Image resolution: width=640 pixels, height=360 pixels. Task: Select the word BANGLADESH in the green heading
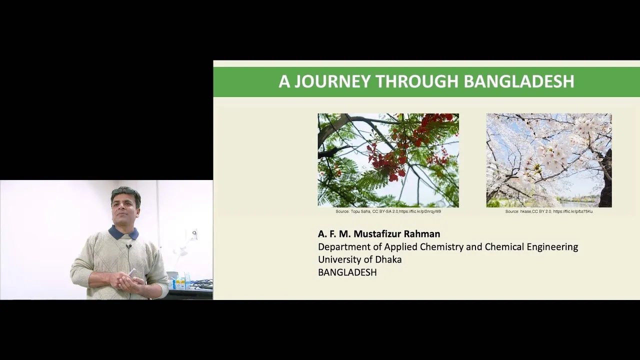[x=519, y=81]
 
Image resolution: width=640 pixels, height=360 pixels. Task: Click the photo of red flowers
[x=388, y=160]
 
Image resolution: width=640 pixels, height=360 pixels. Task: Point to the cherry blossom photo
[x=549, y=160]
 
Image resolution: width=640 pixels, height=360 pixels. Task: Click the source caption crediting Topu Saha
[x=388, y=211]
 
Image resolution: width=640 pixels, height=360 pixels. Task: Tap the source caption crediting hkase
[x=549, y=211]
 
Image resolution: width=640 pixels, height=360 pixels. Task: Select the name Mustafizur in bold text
[x=377, y=234]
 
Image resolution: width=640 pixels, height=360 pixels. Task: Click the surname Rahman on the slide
[x=421, y=234]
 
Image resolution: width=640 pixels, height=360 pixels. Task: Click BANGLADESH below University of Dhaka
[x=347, y=272]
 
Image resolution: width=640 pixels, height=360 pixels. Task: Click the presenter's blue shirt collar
[x=123, y=232]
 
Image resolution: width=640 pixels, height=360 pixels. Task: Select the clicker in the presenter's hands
[x=132, y=272]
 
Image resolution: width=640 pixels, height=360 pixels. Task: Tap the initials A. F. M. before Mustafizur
[x=334, y=234]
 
